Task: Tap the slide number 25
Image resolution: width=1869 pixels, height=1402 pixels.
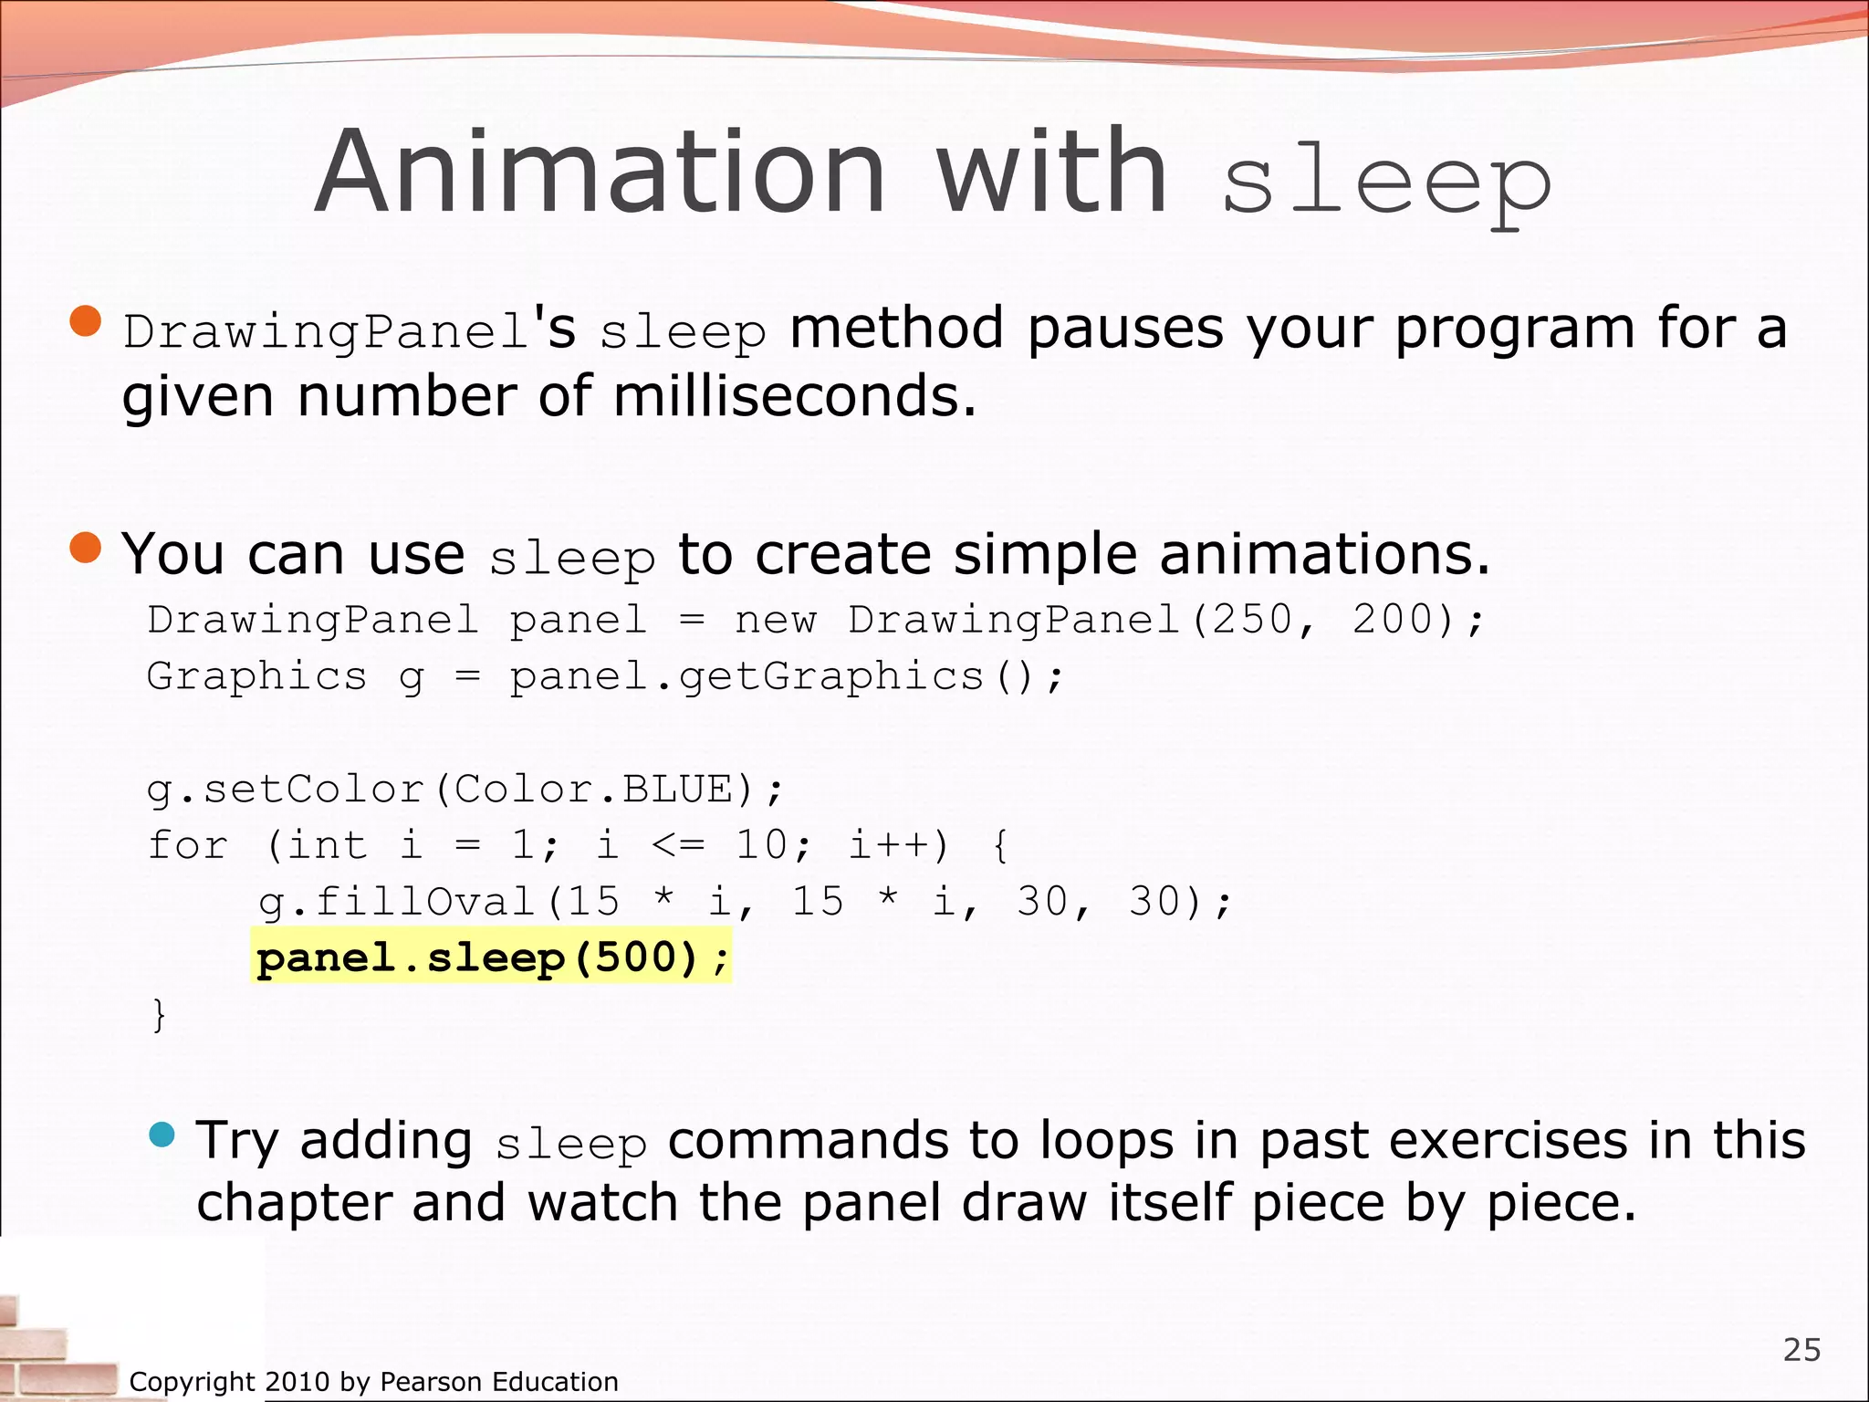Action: [1801, 1349]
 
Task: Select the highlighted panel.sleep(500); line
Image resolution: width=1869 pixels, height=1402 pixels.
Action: [492, 958]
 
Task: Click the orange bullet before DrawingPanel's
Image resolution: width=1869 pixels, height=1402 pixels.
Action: [86, 321]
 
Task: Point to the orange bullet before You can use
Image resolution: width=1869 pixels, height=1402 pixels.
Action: [86, 548]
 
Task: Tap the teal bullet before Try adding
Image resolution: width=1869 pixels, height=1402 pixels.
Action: [162, 1135]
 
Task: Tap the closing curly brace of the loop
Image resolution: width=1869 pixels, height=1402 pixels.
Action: [159, 1014]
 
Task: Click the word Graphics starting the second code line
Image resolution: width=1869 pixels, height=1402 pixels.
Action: [256, 676]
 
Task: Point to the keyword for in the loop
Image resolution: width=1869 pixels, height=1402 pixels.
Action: [188, 845]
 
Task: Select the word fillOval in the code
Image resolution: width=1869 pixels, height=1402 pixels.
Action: [424, 902]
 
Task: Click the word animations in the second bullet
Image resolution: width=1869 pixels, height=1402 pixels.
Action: [1323, 554]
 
